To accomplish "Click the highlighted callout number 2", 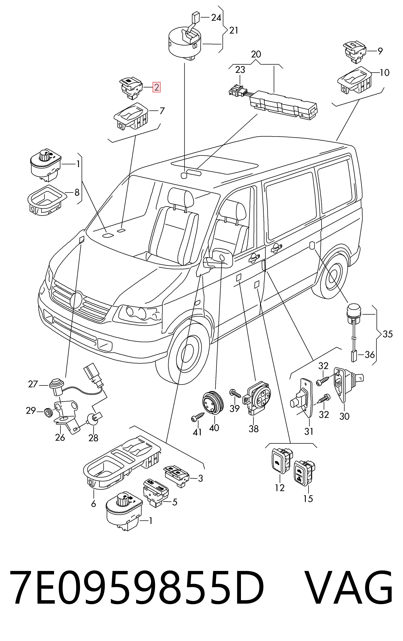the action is coord(156,87).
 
